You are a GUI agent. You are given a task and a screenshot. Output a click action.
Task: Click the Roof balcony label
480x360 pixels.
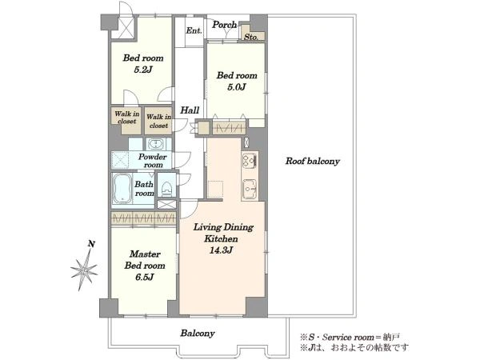313,162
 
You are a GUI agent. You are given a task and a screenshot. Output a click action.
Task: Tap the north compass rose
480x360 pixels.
84,270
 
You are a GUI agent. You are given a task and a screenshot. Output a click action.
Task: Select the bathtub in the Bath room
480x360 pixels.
122,189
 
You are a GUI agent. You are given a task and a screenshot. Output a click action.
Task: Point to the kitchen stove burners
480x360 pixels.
250,159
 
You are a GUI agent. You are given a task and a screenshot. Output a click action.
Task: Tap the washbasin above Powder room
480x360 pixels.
157,144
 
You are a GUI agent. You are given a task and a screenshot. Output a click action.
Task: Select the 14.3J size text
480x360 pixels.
222,250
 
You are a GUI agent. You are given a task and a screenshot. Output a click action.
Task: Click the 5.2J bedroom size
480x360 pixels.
143,70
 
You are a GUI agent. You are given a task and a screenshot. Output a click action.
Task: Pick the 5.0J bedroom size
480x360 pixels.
237,87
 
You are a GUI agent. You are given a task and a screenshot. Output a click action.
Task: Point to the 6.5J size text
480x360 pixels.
145,278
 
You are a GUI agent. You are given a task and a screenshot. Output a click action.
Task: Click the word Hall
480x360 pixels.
190,110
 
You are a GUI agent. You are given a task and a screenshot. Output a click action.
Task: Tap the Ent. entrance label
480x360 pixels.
194,30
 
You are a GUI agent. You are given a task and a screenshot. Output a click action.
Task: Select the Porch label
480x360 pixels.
224,25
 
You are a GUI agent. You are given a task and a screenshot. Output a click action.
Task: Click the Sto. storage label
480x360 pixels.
250,37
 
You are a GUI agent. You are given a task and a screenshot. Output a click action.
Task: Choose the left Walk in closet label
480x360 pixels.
126,118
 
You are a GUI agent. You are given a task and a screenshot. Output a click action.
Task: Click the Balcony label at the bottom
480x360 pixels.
198,333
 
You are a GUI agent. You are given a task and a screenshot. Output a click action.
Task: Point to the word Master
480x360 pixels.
145,254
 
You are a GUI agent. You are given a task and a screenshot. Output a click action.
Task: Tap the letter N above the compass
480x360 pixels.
91,244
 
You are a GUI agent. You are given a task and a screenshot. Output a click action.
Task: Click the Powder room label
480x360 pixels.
152,161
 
